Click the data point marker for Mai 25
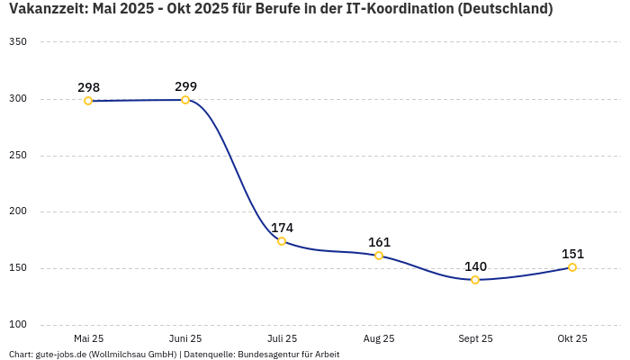tap(88, 101)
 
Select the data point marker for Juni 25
tap(185, 100)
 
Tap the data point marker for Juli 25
tap(282, 241)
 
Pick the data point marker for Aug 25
tap(379, 256)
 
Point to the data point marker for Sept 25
tap(475, 280)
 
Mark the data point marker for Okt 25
tap(572, 267)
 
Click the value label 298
tap(88, 87)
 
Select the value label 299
tap(185, 86)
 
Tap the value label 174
tap(282, 228)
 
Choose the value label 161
tap(379, 242)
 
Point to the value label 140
tap(475, 266)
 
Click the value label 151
tap(572, 254)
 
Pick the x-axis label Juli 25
tap(282, 338)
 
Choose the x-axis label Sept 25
tap(475, 338)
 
